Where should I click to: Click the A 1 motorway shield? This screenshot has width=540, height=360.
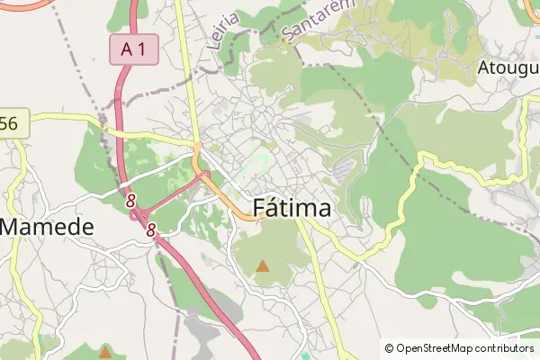pyautogui.click(x=133, y=50)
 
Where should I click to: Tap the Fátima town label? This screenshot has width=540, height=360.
pyautogui.click(x=292, y=208)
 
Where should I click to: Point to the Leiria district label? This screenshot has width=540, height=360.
pyautogui.click(x=223, y=29)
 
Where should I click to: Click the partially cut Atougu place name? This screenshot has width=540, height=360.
pyautogui.click(x=508, y=67)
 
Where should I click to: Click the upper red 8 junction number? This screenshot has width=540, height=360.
pyautogui.click(x=131, y=200)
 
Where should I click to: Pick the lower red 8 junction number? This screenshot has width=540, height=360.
pyautogui.click(x=151, y=230)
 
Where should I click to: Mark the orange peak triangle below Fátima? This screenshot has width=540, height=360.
pyautogui.click(x=263, y=265)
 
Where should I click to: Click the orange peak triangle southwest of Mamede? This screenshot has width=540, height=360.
pyautogui.click(x=105, y=350)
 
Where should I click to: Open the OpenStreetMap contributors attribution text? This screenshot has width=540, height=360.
pyautogui.click(x=459, y=347)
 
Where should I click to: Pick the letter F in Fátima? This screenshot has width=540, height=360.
pyautogui.click(x=261, y=208)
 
